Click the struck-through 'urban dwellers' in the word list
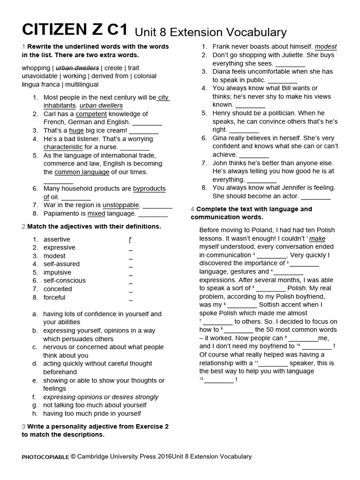pos(77,67)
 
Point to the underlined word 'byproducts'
pos(149,188)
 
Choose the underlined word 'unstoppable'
pos(121,205)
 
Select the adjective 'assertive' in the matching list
pos(57,239)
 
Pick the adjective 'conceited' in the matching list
pos(58,289)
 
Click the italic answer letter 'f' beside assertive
pos(130,239)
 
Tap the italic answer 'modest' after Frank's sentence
pos(326,47)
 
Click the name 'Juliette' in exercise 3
pos(308,55)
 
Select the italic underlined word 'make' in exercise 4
pos(317,238)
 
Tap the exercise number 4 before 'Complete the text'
pos(193,209)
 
